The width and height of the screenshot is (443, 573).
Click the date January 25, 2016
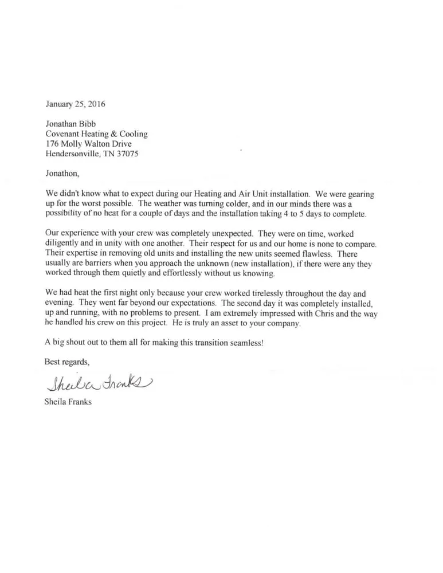75,104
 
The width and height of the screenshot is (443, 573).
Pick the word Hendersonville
73,154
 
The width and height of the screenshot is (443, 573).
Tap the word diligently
65,243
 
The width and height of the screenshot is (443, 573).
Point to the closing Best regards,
67,362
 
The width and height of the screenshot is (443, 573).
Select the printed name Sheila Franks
68,402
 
